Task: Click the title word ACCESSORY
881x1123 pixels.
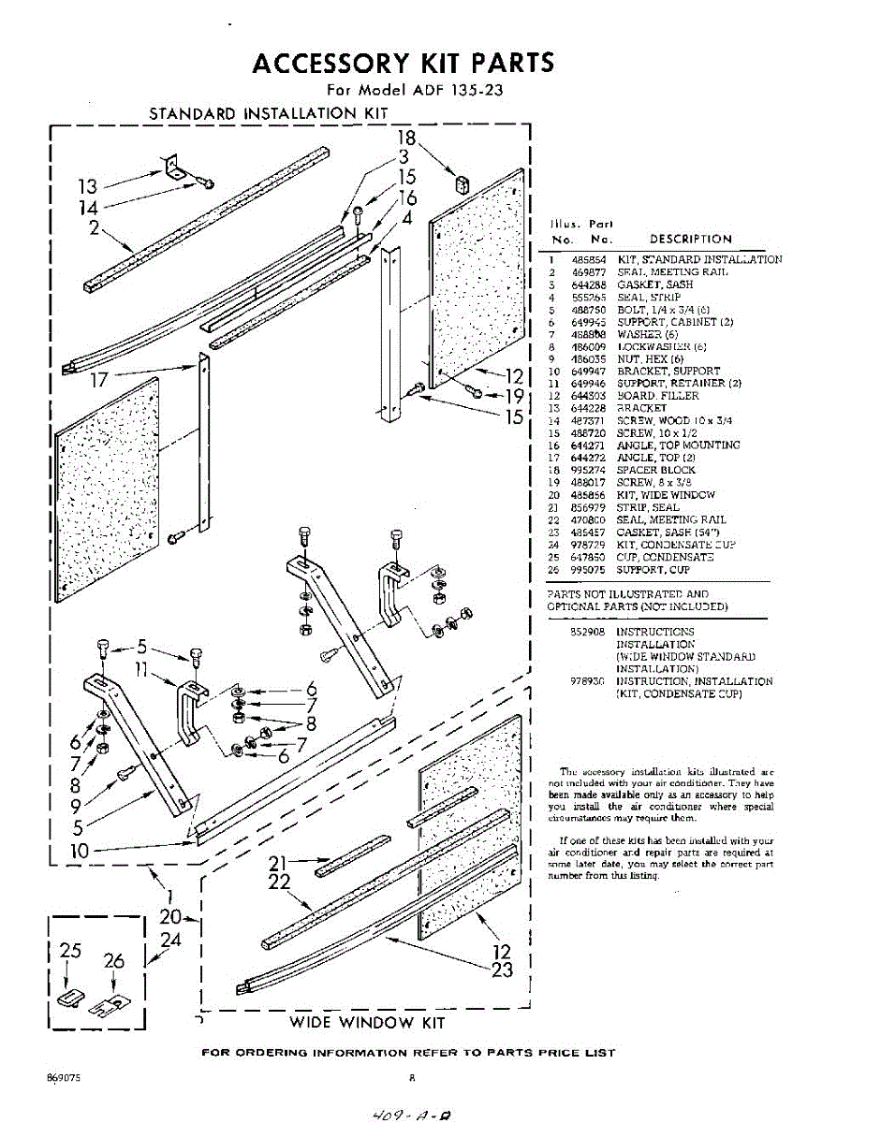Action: point(327,64)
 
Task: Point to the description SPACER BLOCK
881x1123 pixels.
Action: point(655,471)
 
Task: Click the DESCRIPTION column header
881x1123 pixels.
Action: point(691,240)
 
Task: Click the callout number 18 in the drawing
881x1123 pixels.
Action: point(406,138)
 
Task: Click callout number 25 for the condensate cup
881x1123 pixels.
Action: point(70,950)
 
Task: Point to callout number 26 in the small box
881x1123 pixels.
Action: point(114,960)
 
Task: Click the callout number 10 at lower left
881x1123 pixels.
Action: point(80,852)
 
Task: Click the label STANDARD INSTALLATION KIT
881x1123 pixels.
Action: point(268,113)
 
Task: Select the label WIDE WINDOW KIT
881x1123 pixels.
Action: point(367,1022)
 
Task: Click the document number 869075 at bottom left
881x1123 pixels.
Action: point(63,1077)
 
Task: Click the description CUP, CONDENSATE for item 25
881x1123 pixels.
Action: point(665,557)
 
